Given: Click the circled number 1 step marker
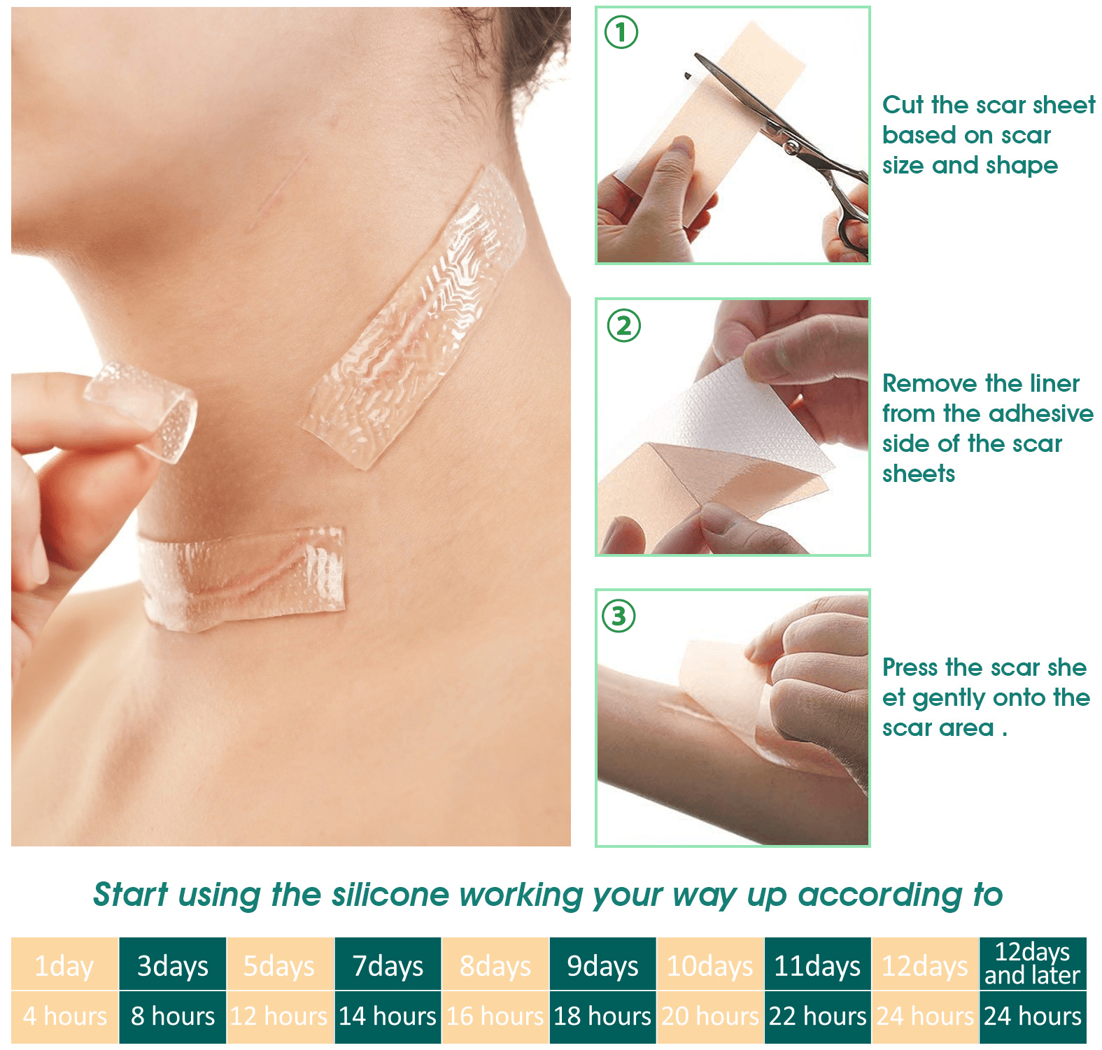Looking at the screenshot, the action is pyautogui.click(x=621, y=32).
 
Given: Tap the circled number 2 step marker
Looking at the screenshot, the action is pyautogui.click(x=623, y=326).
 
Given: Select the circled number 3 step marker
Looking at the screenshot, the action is pyautogui.click(x=619, y=616).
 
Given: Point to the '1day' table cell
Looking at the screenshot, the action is pyautogui.click(x=65, y=965).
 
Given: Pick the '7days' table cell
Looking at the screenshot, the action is pyautogui.click(x=388, y=965).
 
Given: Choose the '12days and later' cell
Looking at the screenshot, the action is pyautogui.click(x=1033, y=964).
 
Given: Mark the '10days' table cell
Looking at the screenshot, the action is pyautogui.click(x=710, y=965).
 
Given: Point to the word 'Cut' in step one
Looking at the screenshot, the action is pyautogui.click(x=903, y=105).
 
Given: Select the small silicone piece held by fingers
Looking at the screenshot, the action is pyautogui.click(x=143, y=409).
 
